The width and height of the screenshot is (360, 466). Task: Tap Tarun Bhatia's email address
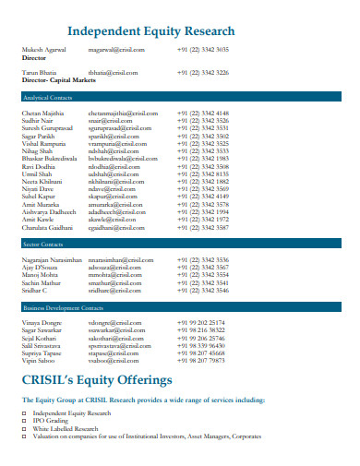(x=113, y=72)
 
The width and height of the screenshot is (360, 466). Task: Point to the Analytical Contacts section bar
(x=180, y=97)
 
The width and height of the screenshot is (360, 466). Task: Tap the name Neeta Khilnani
(x=43, y=182)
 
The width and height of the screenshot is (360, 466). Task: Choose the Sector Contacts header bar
(x=180, y=245)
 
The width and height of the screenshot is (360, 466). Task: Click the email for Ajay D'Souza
(x=111, y=268)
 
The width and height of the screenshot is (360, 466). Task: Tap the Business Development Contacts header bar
(x=180, y=306)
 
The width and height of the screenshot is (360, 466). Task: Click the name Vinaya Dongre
(x=41, y=323)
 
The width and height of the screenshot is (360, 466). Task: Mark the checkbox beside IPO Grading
(x=24, y=421)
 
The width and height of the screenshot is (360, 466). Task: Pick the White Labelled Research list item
(x=66, y=428)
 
